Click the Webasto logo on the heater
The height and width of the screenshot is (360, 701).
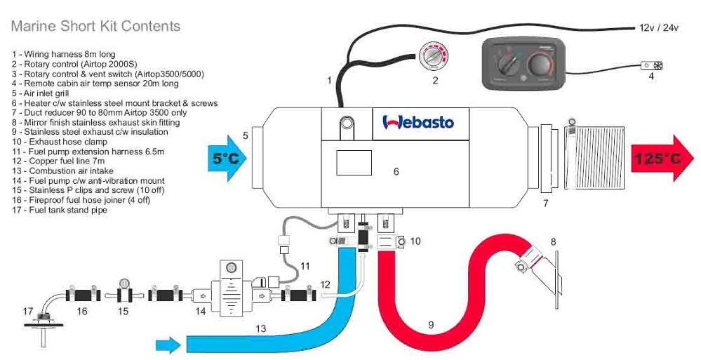pos(418,122)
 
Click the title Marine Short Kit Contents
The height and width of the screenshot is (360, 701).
pos(95,27)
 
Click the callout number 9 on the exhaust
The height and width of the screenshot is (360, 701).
pos(431,325)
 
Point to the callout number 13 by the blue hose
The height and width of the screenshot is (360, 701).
pos(261,328)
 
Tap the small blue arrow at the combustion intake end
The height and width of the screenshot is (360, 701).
pos(167,344)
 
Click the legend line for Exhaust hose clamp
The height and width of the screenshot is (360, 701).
pos(59,142)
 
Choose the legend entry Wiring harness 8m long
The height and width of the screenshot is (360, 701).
pos(64,53)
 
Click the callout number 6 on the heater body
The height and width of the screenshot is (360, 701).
pos(396,171)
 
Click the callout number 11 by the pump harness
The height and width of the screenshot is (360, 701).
pos(305,266)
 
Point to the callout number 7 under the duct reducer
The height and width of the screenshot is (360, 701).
pos(545,204)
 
